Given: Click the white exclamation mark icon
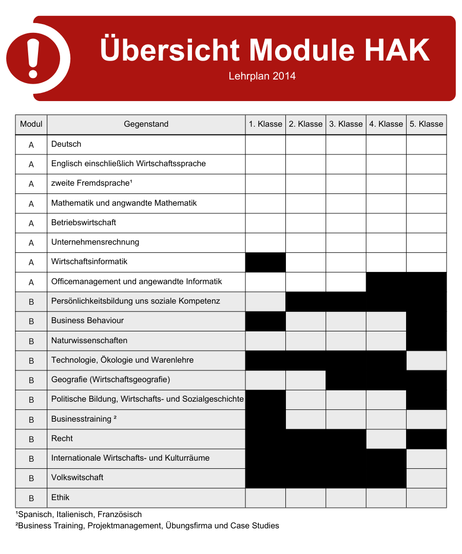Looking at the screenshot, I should point(33,58).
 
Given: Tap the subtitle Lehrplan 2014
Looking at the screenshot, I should point(262,76).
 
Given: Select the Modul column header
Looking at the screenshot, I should point(31,124).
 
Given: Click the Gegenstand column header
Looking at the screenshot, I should point(146,124).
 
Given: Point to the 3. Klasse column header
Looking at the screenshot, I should point(346,124).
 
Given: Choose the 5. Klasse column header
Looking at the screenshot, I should point(426,124).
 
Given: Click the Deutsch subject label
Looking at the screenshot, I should point(66,144).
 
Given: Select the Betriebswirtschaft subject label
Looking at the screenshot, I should point(84,223).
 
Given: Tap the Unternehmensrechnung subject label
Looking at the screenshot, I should point(95,242).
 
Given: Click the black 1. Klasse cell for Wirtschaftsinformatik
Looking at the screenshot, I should point(265,262).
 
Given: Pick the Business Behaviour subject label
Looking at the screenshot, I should point(87,321).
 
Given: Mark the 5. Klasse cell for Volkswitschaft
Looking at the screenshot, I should point(426,478).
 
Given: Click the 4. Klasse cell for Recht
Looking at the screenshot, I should point(386,439).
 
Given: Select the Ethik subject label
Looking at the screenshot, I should point(60,498).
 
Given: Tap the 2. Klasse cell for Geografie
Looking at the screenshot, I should point(305,380).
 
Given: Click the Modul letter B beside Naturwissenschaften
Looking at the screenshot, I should point(31,341).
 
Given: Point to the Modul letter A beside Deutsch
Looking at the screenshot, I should point(31,145).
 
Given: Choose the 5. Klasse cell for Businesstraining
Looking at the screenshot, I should point(426,420).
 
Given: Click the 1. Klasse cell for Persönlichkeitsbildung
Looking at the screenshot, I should point(265,302).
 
